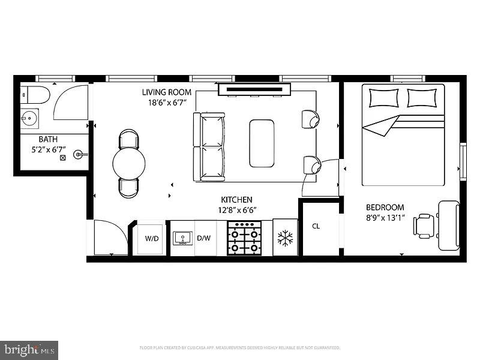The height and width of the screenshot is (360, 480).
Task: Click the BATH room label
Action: coord(40,139)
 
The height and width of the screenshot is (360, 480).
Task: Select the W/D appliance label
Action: coord(152,238)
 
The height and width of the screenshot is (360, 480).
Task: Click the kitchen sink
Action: coord(182,238)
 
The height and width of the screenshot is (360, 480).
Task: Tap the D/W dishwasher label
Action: coord(204,238)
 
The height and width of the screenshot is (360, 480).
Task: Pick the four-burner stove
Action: coord(245,238)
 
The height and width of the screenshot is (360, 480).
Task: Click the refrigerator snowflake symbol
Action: coord(284,238)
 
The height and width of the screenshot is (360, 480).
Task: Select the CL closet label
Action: coord(316,226)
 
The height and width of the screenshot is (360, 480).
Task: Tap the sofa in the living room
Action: coord(208,146)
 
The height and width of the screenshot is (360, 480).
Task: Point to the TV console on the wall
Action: coord(255,89)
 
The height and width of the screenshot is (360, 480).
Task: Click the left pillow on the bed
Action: coord(383,97)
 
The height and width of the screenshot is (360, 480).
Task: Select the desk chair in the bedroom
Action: coord(424,226)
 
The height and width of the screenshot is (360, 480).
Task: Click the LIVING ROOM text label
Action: coord(167,92)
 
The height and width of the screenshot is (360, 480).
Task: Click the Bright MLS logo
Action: coord(29,349)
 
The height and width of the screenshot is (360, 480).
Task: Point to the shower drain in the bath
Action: coord(62,158)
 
